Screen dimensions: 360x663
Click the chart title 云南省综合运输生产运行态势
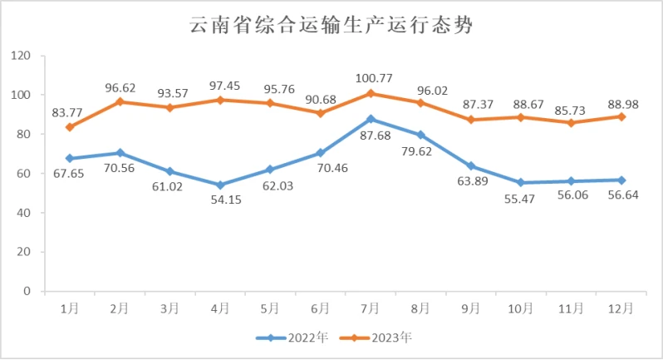tap(331, 26)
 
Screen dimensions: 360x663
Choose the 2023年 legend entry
tap(381, 338)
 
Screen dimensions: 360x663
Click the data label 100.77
tap(371, 76)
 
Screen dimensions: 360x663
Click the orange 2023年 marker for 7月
tap(371, 93)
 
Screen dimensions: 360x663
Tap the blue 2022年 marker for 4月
tap(220, 185)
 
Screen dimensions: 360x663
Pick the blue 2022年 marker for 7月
tap(371, 119)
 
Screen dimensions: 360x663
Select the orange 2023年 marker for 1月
tap(70, 127)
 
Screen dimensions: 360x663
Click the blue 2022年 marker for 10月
tap(521, 182)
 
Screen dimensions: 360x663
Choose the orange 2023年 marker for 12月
tap(621, 116)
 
